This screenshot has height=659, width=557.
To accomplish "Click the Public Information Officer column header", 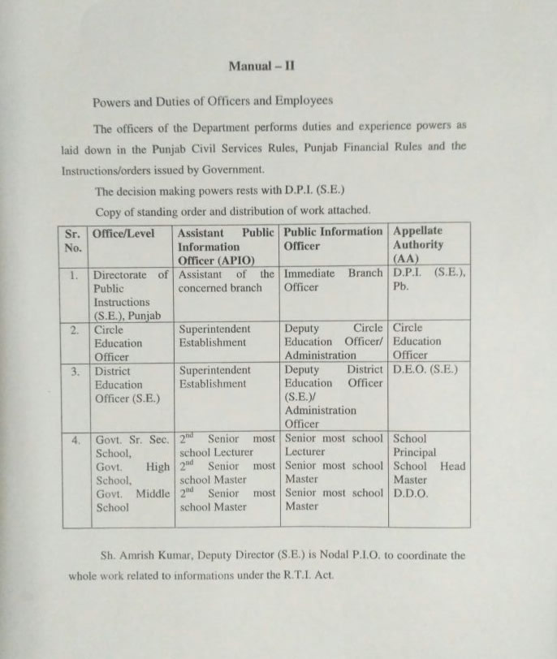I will (x=332, y=239).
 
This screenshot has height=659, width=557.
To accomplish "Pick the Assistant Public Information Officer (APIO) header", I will (x=226, y=246).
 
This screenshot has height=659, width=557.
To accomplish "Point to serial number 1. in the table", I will (x=74, y=275).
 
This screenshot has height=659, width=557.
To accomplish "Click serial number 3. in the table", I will (x=75, y=371).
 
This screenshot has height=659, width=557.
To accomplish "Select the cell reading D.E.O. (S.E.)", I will (x=425, y=370).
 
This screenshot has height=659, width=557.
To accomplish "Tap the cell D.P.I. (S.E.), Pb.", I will (x=429, y=280).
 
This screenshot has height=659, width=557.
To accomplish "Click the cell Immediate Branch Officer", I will (x=333, y=281).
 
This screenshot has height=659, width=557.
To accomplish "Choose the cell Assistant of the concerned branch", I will (x=226, y=281).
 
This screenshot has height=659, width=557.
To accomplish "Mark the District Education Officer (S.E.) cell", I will (x=127, y=385).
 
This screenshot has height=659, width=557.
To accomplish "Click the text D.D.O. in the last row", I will (x=411, y=493).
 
